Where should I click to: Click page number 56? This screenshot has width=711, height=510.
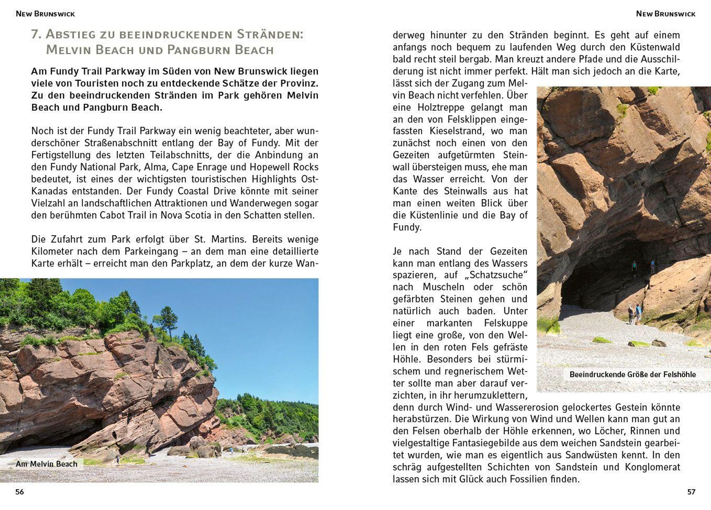20,492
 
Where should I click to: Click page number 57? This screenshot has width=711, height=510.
691,492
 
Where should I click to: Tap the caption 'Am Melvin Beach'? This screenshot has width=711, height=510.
47,464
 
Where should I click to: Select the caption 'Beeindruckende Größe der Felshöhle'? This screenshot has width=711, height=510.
632,375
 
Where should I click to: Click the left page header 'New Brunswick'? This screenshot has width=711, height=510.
45,14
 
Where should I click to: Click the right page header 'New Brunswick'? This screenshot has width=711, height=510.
666,14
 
